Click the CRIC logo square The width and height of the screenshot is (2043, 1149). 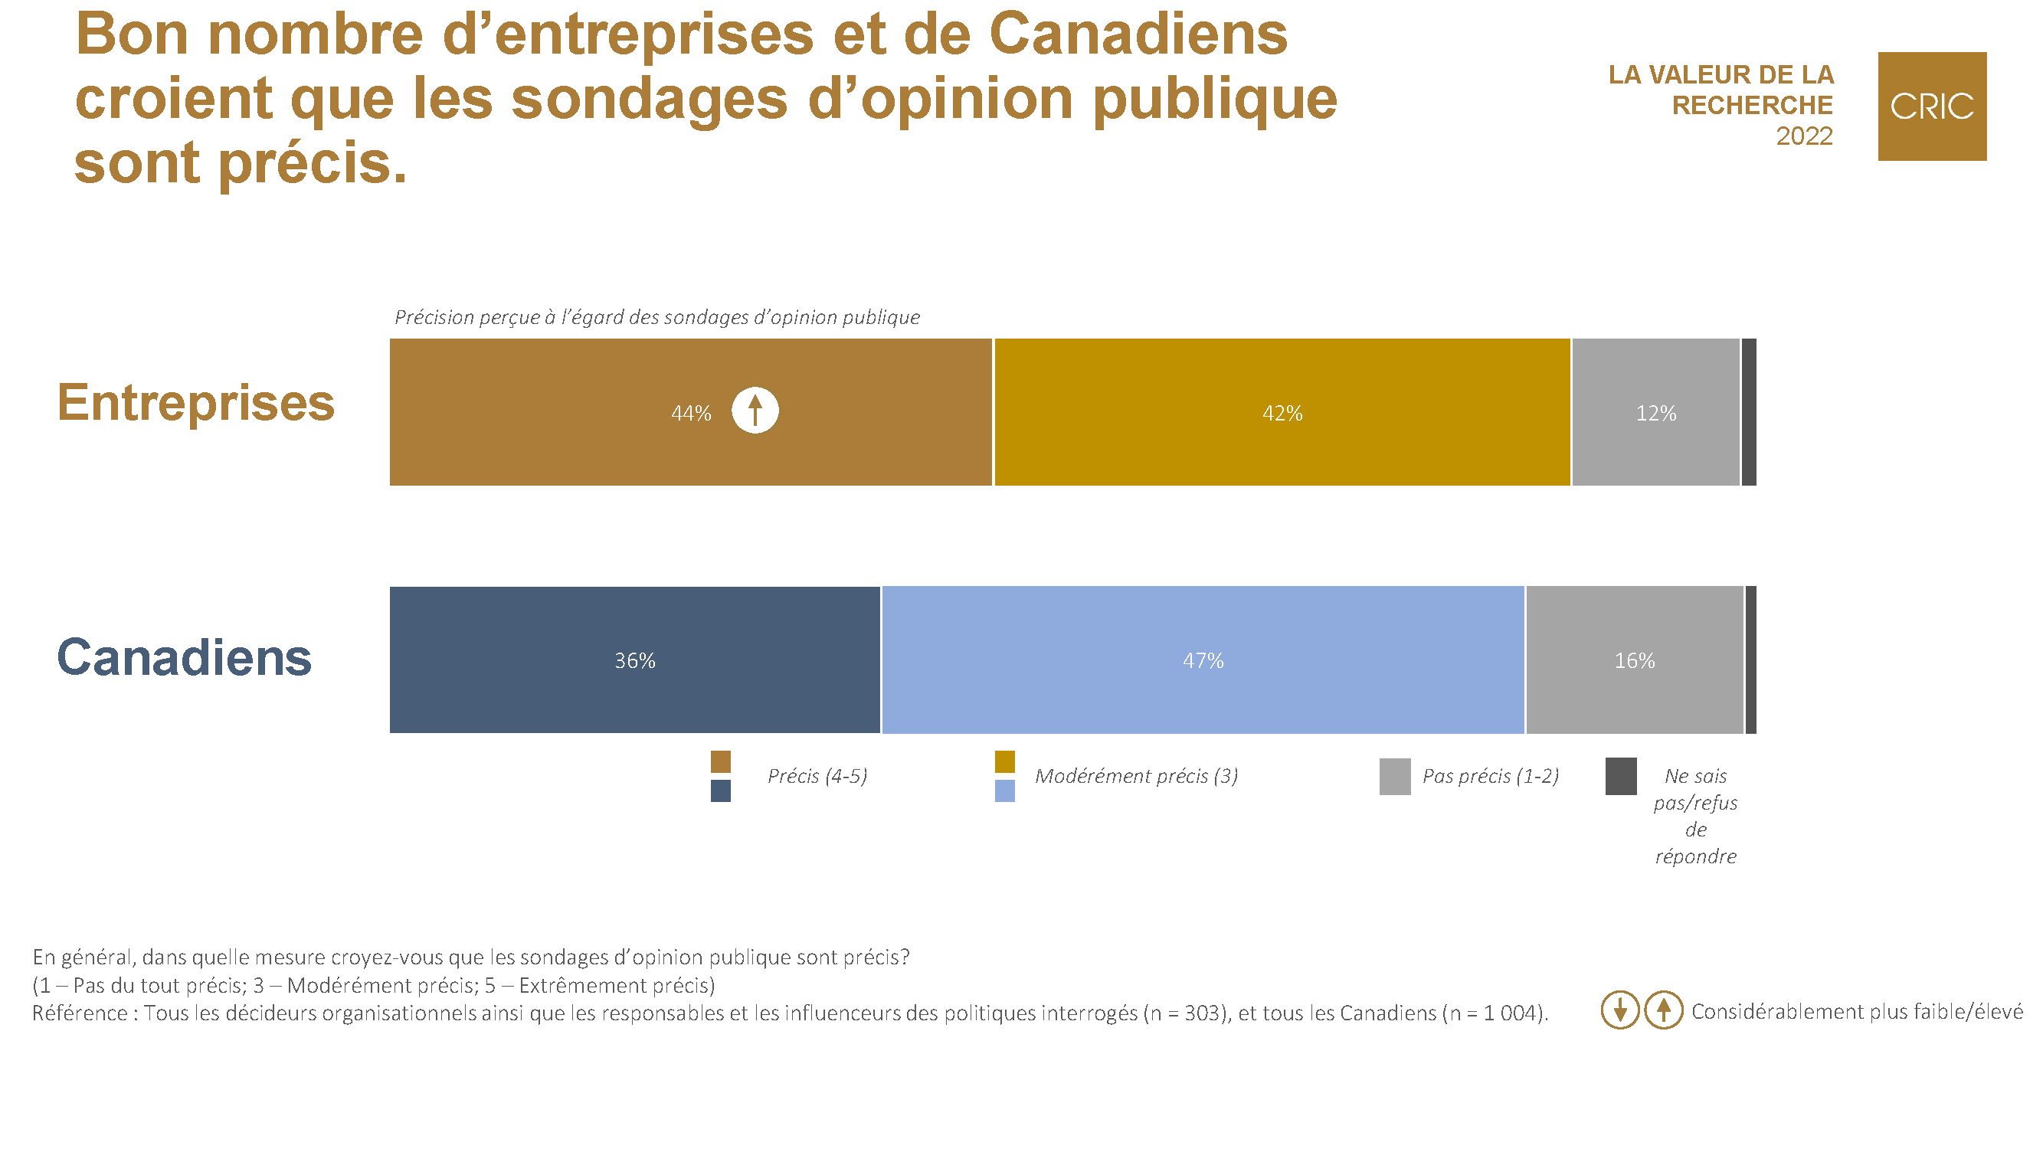coord(1931,106)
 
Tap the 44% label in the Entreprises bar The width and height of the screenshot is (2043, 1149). coord(691,413)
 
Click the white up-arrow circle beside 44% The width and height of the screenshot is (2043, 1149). coord(755,411)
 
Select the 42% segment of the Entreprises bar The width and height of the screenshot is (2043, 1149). coord(1282,413)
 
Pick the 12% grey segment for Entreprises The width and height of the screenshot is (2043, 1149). coord(1655,413)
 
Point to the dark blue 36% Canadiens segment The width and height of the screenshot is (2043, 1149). coord(634,660)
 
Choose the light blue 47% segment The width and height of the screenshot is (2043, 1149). coord(1203,660)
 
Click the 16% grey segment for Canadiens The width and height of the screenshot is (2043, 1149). coord(1634,660)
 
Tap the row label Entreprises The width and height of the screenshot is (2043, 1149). coord(196,403)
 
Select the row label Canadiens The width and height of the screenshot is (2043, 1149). coord(184,658)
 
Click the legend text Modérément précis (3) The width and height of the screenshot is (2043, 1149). coord(1136,775)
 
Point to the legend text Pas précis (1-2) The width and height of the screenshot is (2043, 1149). coord(1490,775)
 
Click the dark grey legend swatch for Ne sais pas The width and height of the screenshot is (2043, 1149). coord(1620,776)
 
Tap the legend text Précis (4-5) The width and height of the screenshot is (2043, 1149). coord(817,775)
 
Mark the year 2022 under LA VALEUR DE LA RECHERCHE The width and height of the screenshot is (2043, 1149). coord(1803,136)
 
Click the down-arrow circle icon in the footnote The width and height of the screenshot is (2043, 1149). coord(1619,1010)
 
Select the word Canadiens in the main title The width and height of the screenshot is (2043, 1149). coord(1138,35)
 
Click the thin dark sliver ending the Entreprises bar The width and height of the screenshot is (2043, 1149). coord(1748,412)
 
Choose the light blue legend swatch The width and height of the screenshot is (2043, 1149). coord(1004,791)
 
